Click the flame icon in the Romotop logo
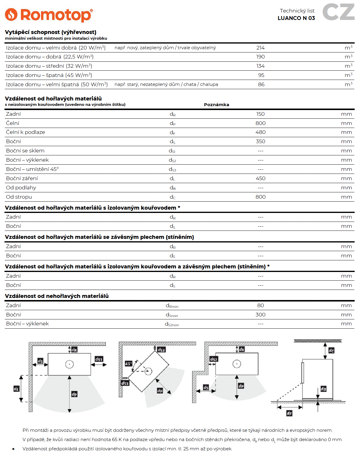pos(11,15)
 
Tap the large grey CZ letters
pos(338,12)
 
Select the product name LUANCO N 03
pos(296,18)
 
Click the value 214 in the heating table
pos(260,48)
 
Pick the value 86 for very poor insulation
pos(261,84)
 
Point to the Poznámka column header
pos(216,105)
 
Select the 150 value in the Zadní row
pos(260,114)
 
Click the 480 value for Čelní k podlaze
pos(260,132)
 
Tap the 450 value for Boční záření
pos(260,178)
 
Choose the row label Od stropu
pos(19,197)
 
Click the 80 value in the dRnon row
pos(260,305)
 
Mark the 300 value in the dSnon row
pos(260,315)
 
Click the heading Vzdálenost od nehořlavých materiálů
pos(57,296)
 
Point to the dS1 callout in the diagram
pos(99,359)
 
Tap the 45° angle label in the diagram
pos(128,364)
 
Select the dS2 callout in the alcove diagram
pos(214,359)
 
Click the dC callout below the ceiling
pos(331,350)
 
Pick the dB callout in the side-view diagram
pos(323,389)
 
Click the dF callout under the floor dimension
pos(289,413)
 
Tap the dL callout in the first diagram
pos(16,389)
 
